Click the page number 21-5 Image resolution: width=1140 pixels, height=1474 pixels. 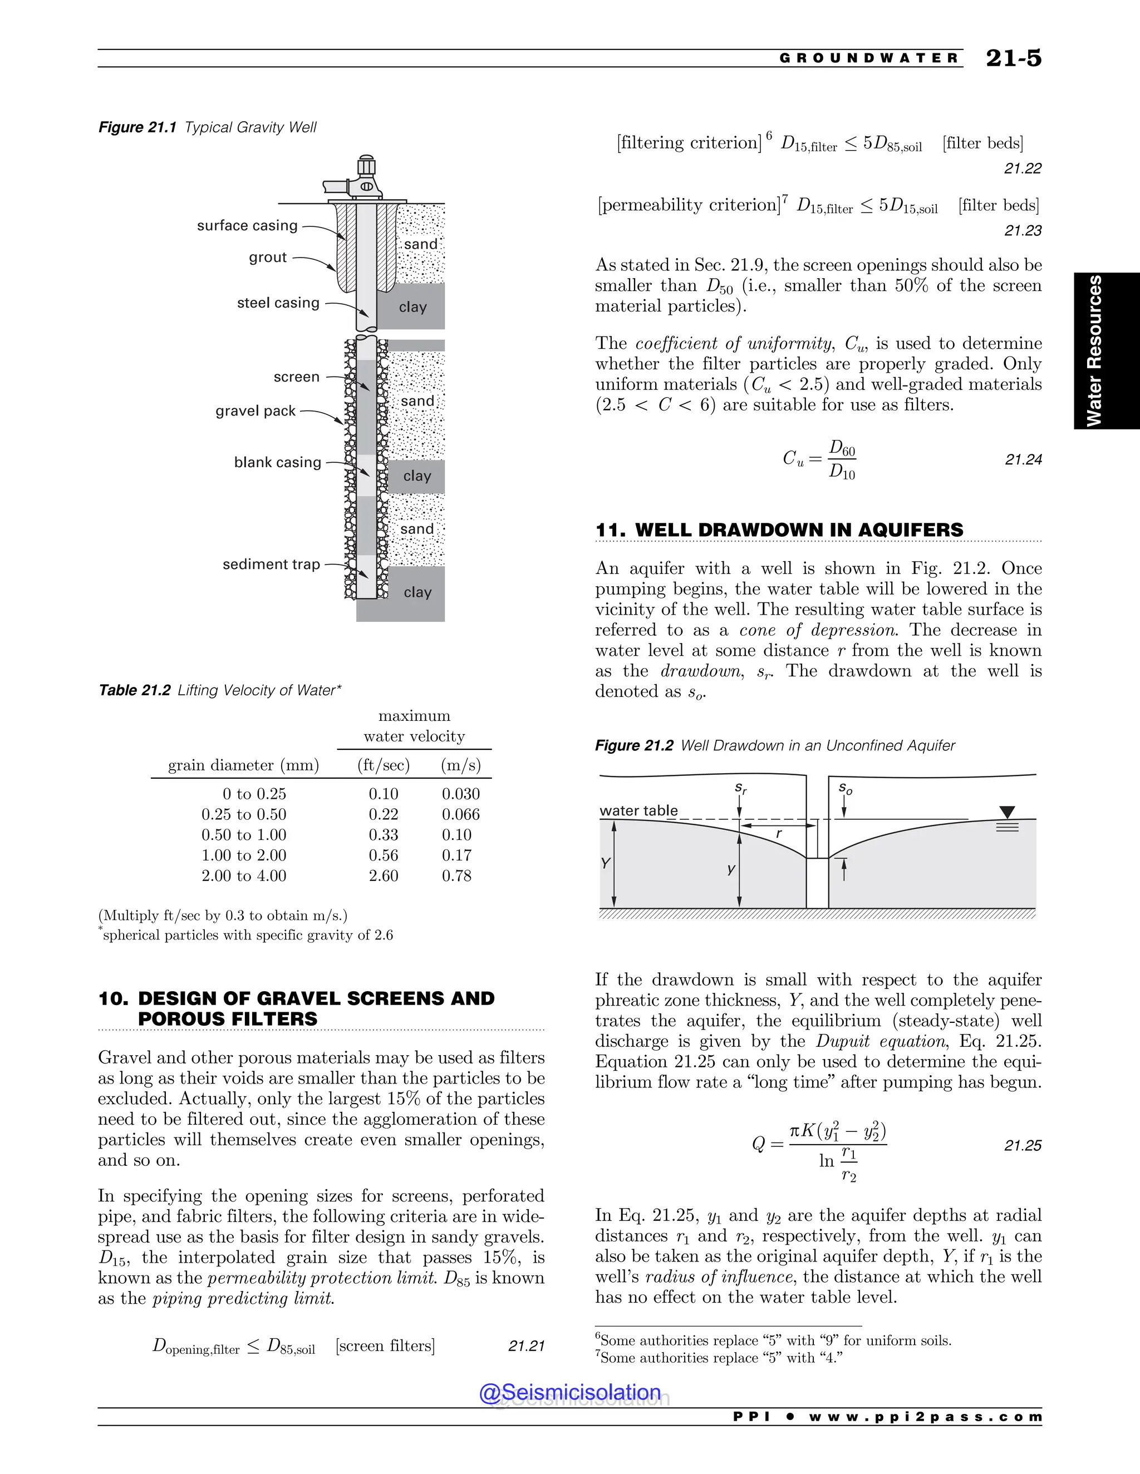1013,58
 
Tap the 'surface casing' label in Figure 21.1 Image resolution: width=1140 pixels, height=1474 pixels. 247,225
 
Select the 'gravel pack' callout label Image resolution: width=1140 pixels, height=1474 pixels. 255,411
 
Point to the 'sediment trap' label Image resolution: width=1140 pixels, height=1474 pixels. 271,564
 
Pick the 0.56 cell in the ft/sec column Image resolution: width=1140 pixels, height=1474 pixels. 383,855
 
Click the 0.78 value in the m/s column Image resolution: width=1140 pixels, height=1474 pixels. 456,876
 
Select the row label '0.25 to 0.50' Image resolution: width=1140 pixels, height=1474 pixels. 244,815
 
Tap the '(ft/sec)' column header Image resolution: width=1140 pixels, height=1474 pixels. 383,765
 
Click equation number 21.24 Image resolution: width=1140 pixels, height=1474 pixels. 1023,459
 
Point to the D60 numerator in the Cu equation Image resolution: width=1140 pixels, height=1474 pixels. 842,447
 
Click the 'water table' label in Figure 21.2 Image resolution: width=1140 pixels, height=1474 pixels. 638,810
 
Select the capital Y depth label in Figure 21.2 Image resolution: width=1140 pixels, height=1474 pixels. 605,863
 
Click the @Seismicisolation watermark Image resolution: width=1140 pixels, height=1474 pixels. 569,1392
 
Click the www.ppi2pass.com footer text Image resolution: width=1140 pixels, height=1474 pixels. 925,1417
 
